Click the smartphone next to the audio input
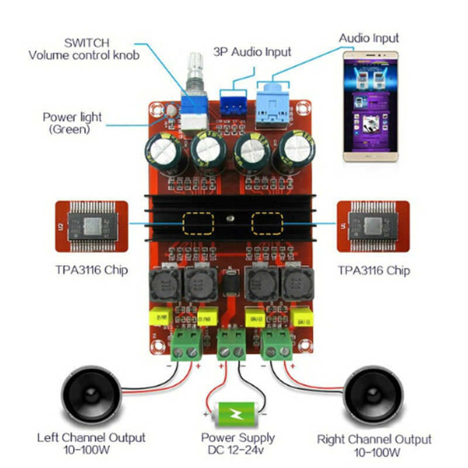tap(370, 107)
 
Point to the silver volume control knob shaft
tap(194, 70)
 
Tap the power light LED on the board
tap(171, 109)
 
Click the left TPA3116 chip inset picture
tap(91, 227)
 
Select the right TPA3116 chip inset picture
tap(374, 227)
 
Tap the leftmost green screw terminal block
tap(187, 346)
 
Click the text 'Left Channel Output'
tap(91, 438)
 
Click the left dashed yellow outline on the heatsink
tap(198, 223)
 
